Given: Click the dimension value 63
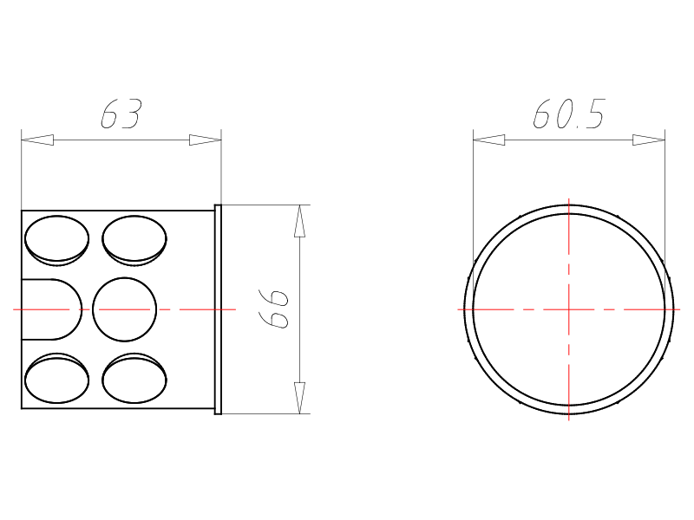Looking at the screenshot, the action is pyautogui.click(x=121, y=114).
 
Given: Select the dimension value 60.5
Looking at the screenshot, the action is pyautogui.click(x=569, y=114).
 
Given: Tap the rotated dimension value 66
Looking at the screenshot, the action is pyautogui.click(x=273, y=309).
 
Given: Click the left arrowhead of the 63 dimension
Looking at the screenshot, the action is pyautogui.click(x=37, y=140).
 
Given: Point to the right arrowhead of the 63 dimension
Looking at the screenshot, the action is pyautogui.click(x=205, y=140).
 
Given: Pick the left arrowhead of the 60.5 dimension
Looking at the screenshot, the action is pyautogui.click(x=489, y=140).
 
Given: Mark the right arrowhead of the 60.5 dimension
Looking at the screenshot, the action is pyautogui.click(x=649, y=140).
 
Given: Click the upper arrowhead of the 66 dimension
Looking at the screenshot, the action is pyautogui.click(x=299, y=221).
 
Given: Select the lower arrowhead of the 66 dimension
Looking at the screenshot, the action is pyautogui.click(x=299, y=398).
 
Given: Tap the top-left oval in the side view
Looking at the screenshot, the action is pyautogui.click(x=56, y=240).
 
